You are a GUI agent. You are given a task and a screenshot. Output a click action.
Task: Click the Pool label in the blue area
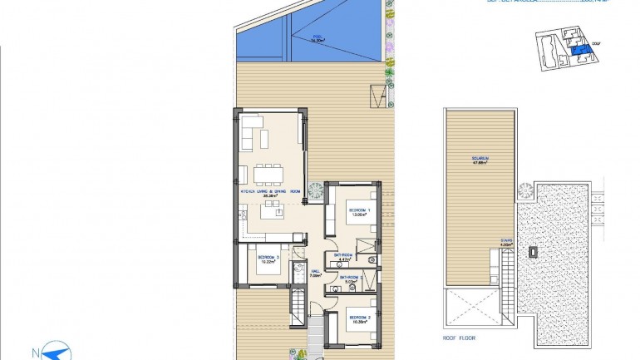point(316,37)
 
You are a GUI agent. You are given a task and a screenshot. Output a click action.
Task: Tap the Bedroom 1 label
point(360,210)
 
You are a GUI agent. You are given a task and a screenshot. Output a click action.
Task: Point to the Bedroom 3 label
point(268,259)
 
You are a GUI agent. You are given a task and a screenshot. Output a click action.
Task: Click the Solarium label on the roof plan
point(480,160)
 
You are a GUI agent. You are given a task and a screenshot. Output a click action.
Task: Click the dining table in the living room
point(268,173)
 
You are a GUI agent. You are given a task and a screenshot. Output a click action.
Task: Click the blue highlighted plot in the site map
point(580,52)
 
